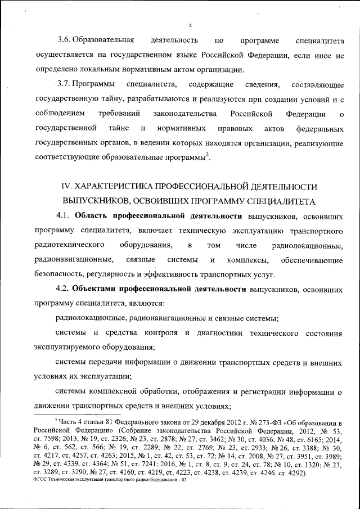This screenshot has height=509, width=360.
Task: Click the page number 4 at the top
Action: click(191, 25)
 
